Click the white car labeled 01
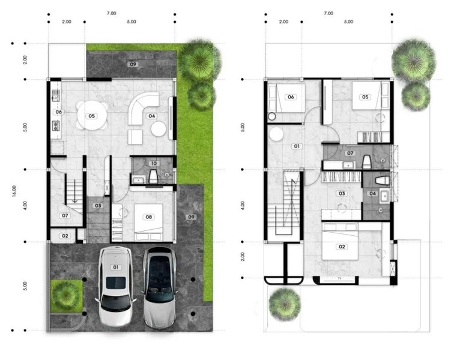tap(115, 286)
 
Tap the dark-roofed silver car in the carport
tap(160, 287)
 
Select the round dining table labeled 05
tap(92, 116)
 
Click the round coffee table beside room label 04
tap(159, 129)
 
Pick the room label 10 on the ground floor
tap(154, 163)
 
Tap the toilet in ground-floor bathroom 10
tap(153, 176)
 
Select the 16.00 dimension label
tap(14, 191)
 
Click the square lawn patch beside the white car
tap(66, 296)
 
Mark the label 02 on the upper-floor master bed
tap(342, 247)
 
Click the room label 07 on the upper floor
tap(350, 154)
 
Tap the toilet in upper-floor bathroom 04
tap(383, 181)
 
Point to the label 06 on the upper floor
tap(291, 97)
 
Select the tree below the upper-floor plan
tap(285, 304)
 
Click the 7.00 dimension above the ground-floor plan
tap(111, 13)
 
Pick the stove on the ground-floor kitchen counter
tap(56, 125)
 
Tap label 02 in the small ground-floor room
tap(65, 236)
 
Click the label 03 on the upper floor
tap(342, 193)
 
